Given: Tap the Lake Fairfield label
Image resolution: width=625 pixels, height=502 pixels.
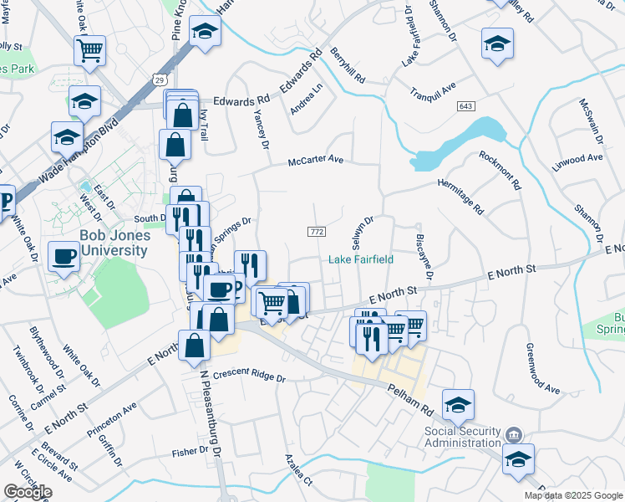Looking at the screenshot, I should (x=360, y=259).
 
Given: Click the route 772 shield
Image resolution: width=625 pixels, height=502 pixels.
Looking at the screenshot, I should (x=316, y=231).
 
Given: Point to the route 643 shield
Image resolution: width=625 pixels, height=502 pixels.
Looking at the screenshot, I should (x=466, y=105).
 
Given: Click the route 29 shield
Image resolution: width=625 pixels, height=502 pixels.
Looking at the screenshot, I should (x=159, y=79).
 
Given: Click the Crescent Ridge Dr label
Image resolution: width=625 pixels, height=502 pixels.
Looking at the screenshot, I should (x=249, y=377).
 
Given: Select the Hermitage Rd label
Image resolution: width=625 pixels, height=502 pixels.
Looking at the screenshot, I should (x=460, y=194).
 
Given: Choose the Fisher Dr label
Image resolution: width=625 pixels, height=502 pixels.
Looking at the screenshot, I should (x=191, y=452).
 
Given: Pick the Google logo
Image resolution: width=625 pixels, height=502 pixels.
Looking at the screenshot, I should (x=28, y=492).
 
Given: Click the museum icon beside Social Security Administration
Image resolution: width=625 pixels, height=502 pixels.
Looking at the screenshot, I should (x=514, y=434).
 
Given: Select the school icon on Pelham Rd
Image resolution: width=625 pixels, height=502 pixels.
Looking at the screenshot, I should (x=458, y=405).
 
